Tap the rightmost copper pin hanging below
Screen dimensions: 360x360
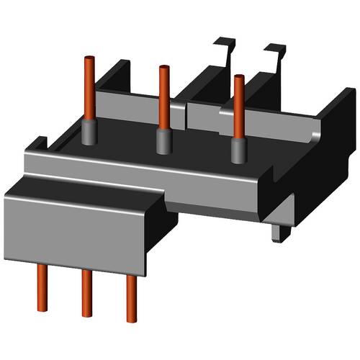coord(131,298)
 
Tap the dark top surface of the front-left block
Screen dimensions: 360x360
coord(86,189)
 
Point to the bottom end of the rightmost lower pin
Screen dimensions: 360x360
coord(131,319)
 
